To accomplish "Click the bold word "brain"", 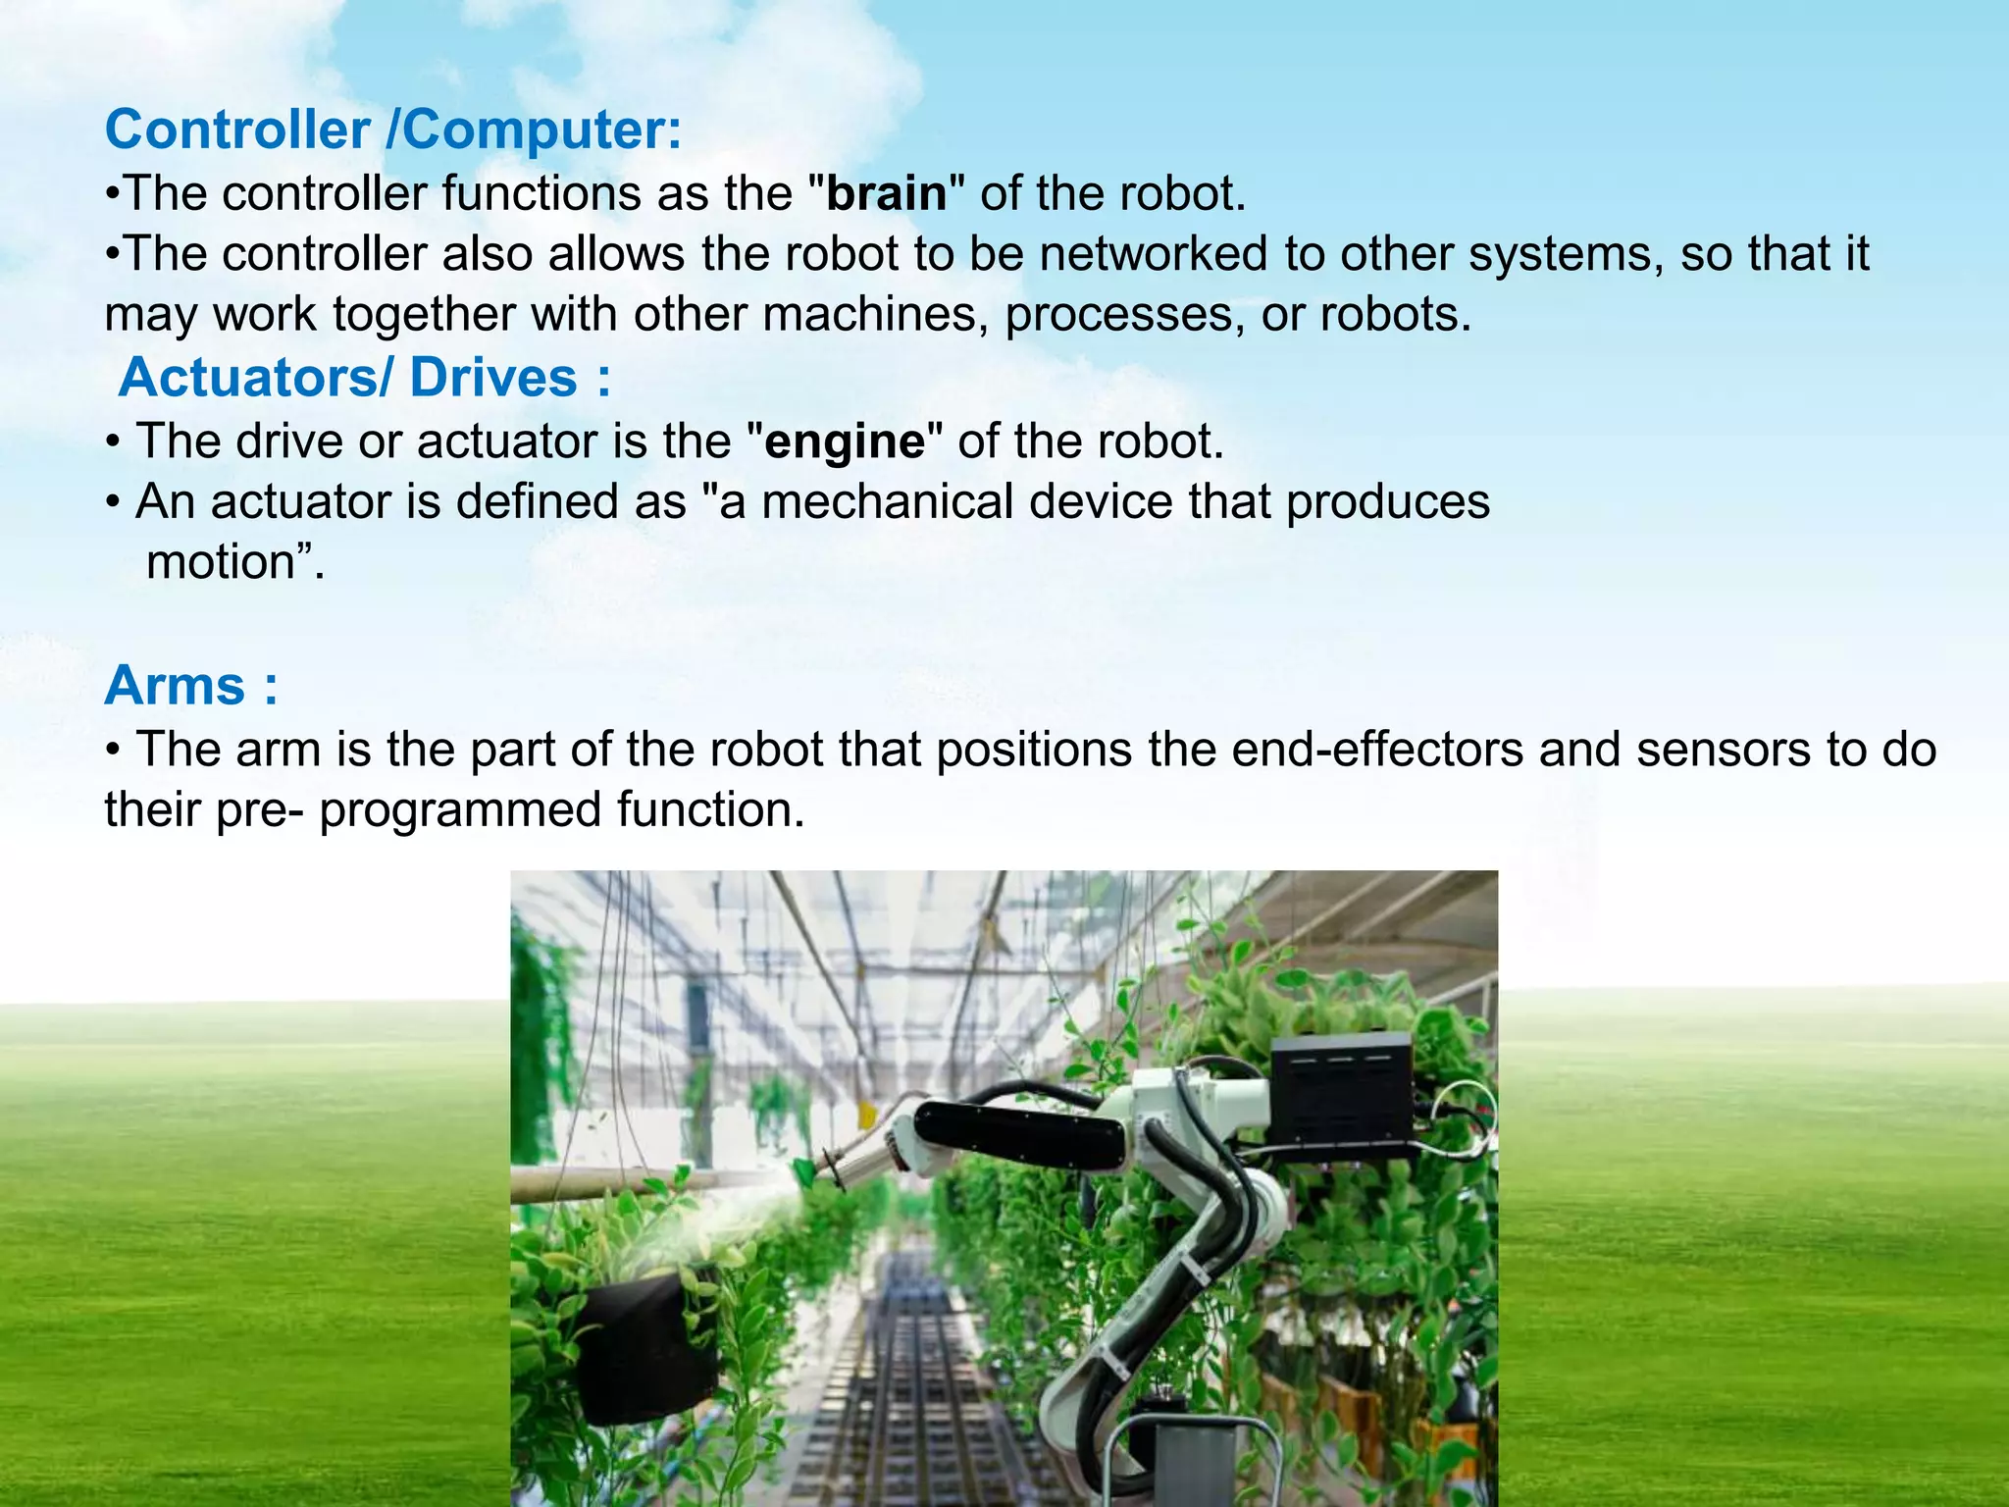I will [887, 193].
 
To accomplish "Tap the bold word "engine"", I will [845, 442].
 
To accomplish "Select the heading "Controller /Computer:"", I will [393, 130].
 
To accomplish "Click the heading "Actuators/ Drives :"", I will [365, 378].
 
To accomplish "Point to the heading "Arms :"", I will [191, 685].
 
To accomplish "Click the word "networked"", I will [1154, 254].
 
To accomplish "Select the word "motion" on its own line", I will [221, 563].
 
